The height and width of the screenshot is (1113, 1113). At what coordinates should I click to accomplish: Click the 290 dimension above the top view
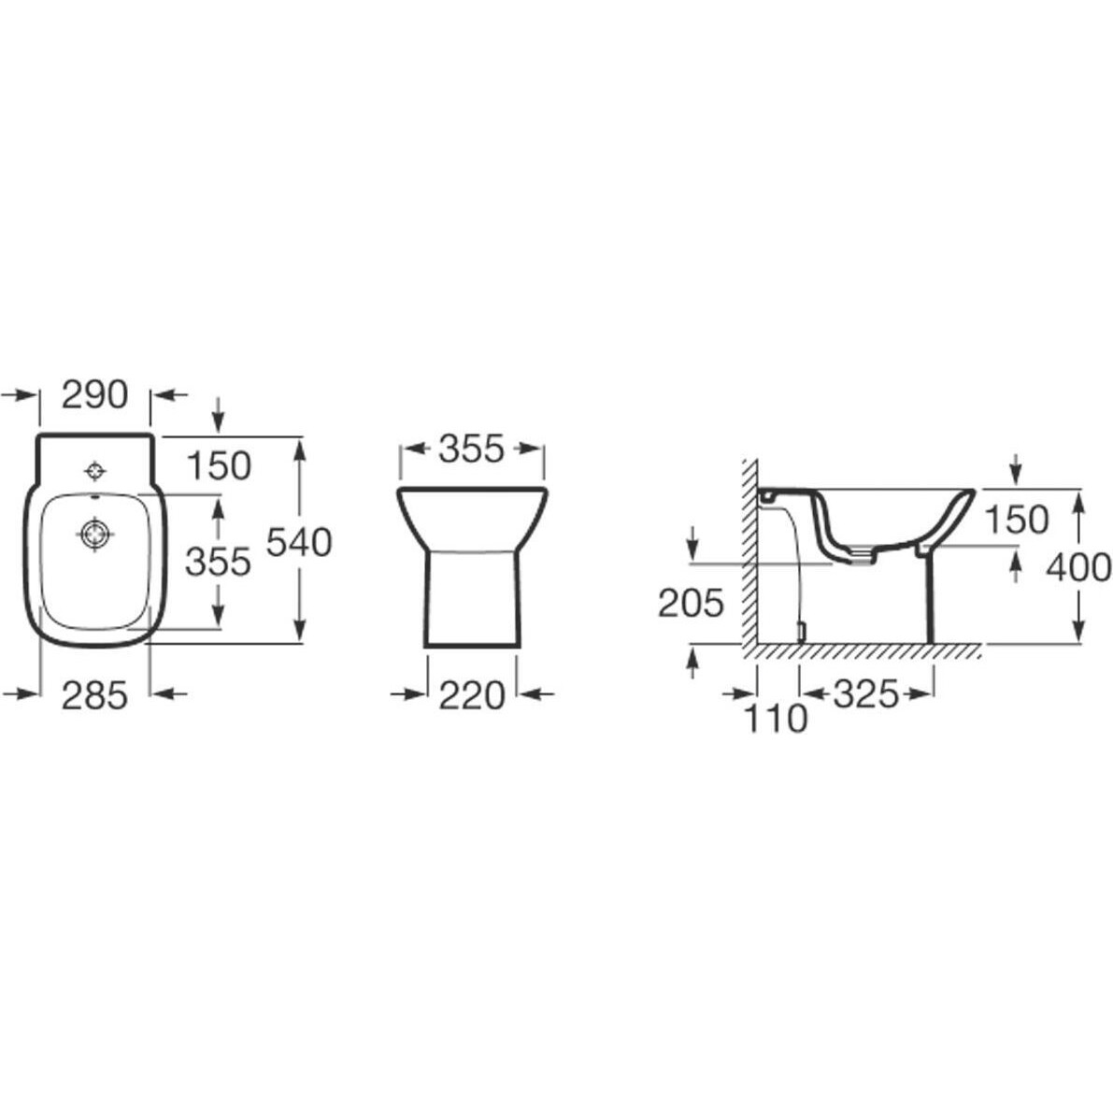(94, 394)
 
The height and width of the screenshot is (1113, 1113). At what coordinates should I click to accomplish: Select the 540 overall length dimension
(299, 543)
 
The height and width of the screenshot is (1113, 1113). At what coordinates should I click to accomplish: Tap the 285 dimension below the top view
(94, 695)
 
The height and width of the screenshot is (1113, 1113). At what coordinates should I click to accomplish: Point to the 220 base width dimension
(471, 695)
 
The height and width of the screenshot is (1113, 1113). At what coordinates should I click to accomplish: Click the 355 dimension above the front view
(471, 449)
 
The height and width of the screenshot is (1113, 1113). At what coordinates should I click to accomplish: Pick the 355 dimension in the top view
(218, 562)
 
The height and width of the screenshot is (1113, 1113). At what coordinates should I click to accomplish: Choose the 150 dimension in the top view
(219, 466)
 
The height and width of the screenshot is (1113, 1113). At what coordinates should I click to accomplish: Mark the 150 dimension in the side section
(1017, 520)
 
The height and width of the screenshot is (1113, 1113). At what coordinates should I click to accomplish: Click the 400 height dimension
(1079, 567)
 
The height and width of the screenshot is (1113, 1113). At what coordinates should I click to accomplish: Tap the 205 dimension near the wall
(691, 604)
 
